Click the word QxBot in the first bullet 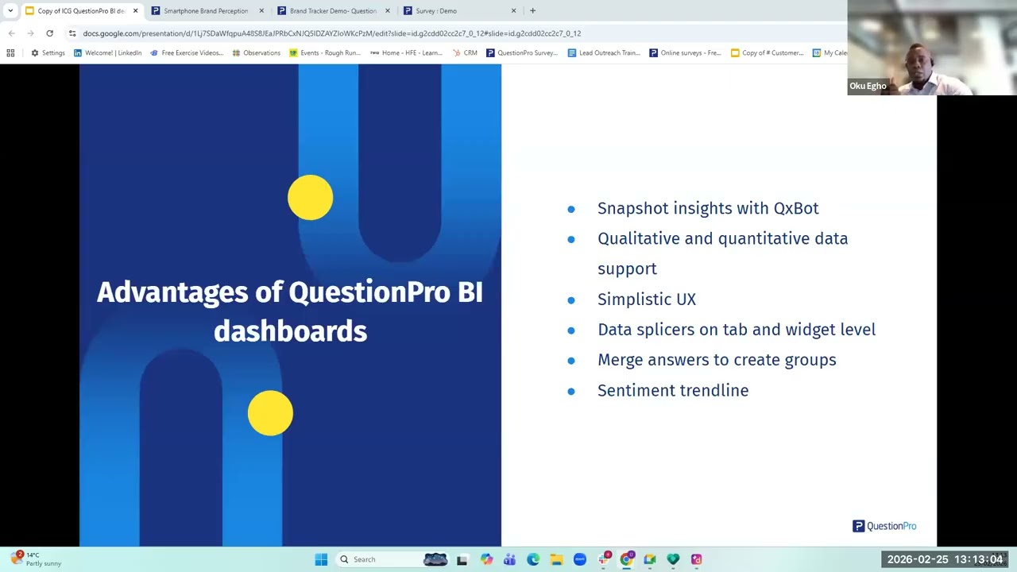[795, 208]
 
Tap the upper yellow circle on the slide [310, 198]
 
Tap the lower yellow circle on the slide [270, 413]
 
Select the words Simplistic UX [646, 300]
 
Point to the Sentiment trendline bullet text [672, 390]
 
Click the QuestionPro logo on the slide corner [884, 526]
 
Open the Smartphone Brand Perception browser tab [206, 11]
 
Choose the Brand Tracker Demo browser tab [332, 11]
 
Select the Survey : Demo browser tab [436, 11]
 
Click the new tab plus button [532, 11]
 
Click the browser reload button [49, 33]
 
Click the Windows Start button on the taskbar [321, 559]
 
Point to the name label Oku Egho [868, 86]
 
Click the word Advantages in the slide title [172, 292]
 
